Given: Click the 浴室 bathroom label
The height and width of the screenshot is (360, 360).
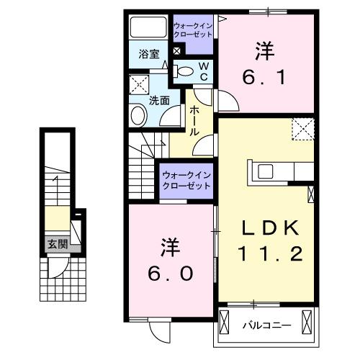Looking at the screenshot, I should pos(148,54).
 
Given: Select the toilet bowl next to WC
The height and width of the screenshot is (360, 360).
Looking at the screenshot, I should pos(184,71).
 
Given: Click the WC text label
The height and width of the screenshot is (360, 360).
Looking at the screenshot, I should pos(204,71).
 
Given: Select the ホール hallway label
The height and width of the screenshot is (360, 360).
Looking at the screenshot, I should pos(194,121).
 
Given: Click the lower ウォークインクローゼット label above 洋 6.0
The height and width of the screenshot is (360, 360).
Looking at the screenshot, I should pos(186,179).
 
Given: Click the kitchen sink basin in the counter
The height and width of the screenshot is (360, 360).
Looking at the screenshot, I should pos(264,171).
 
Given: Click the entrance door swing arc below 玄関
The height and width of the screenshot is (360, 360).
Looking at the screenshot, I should pos(57,268).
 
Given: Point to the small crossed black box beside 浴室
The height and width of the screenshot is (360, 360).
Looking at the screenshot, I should pos(176,51).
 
